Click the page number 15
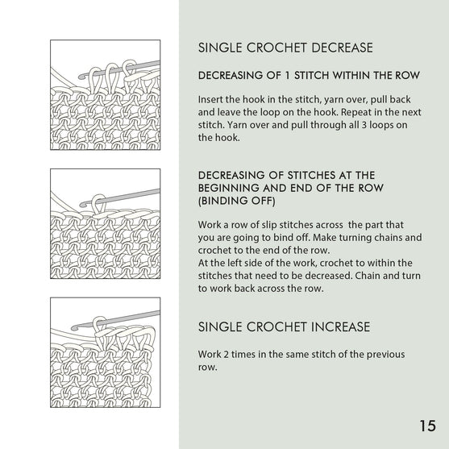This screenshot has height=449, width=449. [x=428, y=425]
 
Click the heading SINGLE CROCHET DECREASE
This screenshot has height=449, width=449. [x=285, y=48]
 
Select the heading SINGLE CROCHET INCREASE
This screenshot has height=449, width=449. [x=284, y=326]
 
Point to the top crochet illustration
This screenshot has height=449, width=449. [x=105, y=95]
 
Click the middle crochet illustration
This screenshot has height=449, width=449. [x=105, y=223]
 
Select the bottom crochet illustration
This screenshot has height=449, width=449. [x=105, y=352]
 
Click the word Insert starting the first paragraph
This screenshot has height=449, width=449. [x=212, y=98]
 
